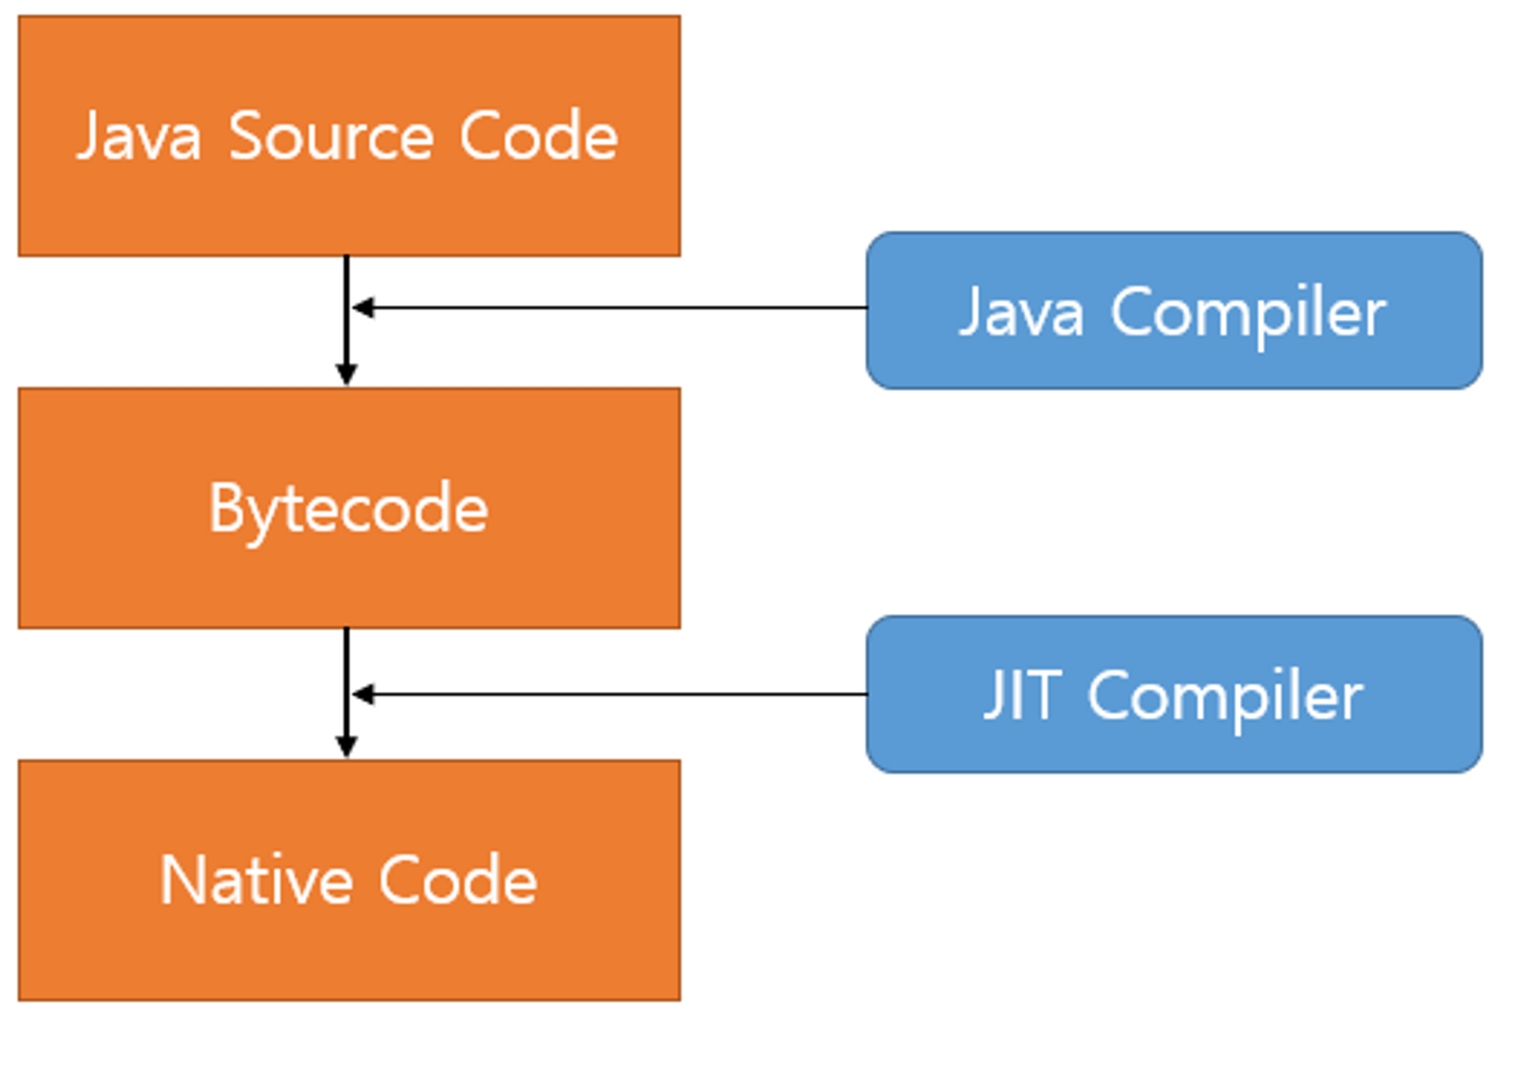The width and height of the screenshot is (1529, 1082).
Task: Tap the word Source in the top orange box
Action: click(x=331, y=136)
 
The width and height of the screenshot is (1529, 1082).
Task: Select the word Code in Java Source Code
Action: click(x=538, y=136)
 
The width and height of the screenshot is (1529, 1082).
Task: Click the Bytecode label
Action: click(x=348, y=509)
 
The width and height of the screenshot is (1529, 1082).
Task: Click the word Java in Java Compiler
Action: click(x=1022, y=312)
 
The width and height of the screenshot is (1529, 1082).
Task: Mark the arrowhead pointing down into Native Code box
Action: click(x=346, y=746)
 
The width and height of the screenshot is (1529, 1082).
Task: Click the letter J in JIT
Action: click(x=994, y=694)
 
